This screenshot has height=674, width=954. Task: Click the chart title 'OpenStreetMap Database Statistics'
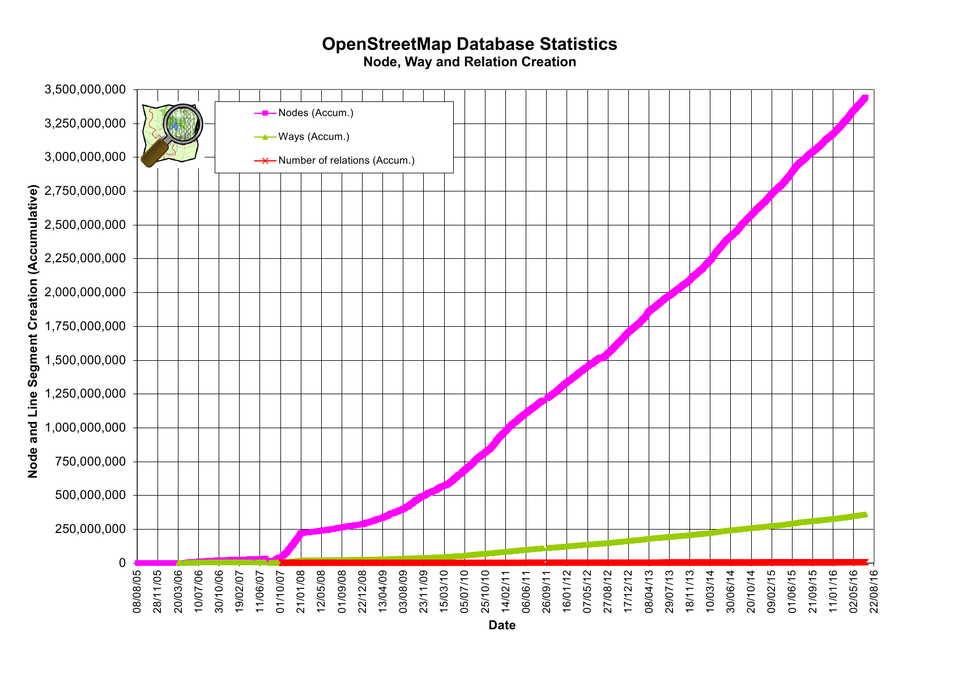pyautogui.click(x=469, y=44)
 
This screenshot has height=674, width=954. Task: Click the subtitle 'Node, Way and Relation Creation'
pyautogui.click(x=469, y=62)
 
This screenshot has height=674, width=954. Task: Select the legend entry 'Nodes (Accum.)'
pyautogui.click(x=316, y=113)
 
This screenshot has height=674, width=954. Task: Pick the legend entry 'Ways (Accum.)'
pyautogui.click(x=313, y=136)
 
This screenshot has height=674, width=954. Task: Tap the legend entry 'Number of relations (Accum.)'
pyautogui.click(x=346, y=160)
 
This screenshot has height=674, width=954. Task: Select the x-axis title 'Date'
pyautogui.click(x=502, y=625)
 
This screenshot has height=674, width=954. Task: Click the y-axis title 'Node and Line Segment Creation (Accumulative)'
pyautogui.click(x=33, y=331)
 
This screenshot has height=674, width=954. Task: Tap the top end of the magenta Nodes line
pyautogui.click(x=865, y=99)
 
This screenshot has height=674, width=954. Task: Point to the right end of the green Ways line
pyautogui.click(x=865, y=514)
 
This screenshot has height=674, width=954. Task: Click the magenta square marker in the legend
pyautogui.click(x=265, y=113)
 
